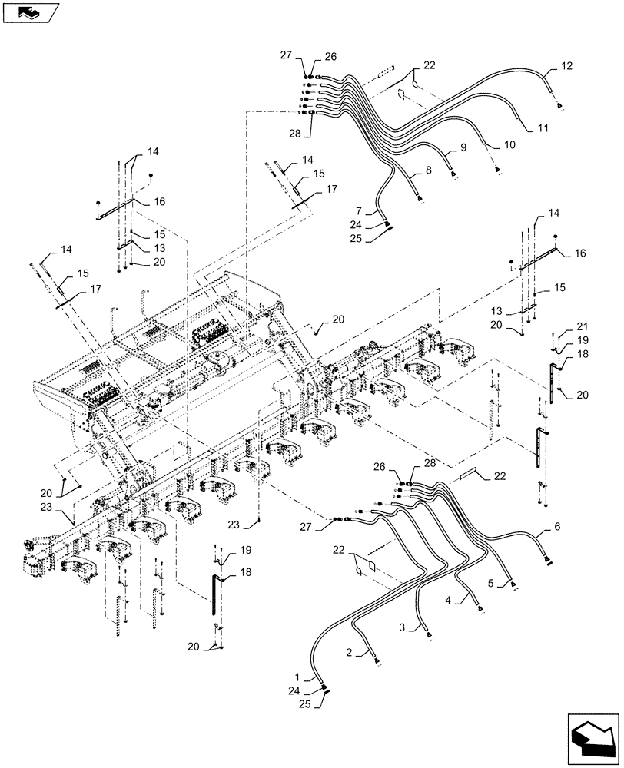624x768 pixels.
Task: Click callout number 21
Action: tap(570, 326)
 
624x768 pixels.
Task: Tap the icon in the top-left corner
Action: tap(30, 13)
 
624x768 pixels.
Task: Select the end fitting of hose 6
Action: tap(548, 562)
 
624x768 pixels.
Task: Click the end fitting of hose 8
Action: tap(420, 201)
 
